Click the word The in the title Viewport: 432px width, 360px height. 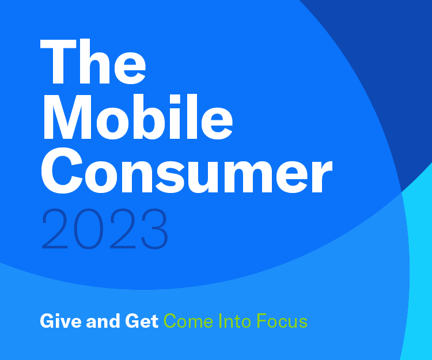93,61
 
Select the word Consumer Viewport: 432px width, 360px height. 187,170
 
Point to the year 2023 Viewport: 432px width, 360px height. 105,229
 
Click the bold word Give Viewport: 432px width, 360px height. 60,321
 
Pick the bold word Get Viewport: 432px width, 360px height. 142,321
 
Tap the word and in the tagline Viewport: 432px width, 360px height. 103,321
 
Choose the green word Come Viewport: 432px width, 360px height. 188,321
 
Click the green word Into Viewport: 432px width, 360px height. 234,321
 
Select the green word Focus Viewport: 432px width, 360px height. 282,321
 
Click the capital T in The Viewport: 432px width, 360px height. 58,62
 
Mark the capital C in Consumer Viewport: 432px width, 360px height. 62,170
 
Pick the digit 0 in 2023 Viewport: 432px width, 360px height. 89,229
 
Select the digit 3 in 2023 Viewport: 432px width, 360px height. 155,229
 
